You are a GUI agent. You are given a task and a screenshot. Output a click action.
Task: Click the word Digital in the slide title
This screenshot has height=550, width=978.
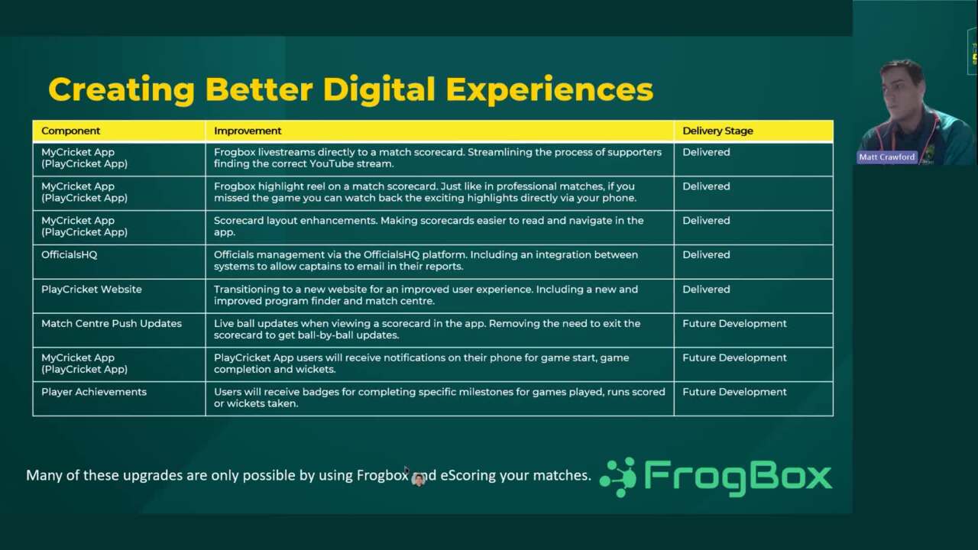pyautogui.click(x=380, y=89)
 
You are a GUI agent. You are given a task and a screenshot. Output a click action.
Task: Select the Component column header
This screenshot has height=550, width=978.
pyautogui.click(x=70, y=131)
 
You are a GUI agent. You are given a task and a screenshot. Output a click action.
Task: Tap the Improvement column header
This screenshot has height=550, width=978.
pyautogui.click(x=248, y=131)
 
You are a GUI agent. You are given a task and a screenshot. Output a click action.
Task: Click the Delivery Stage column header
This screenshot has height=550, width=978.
pyautogui.click(x=717, y=131)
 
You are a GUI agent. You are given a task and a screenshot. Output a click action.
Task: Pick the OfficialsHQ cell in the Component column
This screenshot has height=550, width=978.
pyautogui.click(x=69, y=254)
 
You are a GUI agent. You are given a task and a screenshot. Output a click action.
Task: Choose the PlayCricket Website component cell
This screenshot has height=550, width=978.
pyautogui.click(x=91, y=289)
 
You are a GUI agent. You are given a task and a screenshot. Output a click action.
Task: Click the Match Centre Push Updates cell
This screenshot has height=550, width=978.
pyautogui.click(x=111, y=323)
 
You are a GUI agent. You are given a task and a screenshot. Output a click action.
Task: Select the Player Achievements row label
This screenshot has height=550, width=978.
pyautogui.click(x=93, y=392)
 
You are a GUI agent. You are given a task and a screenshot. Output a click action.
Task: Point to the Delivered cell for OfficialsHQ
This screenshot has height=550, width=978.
pyautogui.click(x=706, y=254)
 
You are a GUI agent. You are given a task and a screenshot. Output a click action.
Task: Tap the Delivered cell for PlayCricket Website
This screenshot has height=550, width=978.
pyautogui.click(x=706, y=289)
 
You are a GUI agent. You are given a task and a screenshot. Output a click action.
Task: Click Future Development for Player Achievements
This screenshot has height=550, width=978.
pyautogui.click(x=734, y=392)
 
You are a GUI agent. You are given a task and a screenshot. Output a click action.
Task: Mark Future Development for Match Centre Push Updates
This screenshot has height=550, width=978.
pyautogui.click(x=734, y=323)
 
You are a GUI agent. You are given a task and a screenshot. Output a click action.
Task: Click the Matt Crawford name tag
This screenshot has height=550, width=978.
pyautogui.click(x=886, y=157)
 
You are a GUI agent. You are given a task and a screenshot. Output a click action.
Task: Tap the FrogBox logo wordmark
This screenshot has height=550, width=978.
pyautogui.click(x=737, y=477)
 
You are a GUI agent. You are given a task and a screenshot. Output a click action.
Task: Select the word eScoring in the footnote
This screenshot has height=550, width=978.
pyautogui.click(x=468, y=475)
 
